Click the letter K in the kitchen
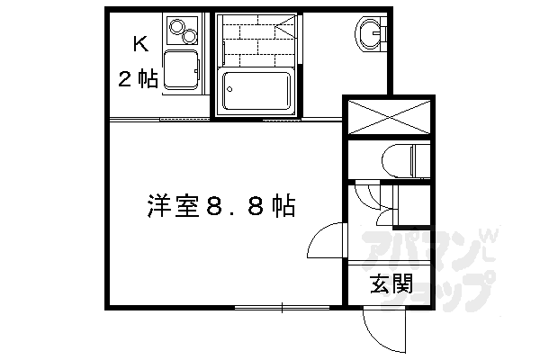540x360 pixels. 139,43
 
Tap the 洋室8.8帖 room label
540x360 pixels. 220,205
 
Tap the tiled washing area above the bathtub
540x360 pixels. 256,40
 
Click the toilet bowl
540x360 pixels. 400,160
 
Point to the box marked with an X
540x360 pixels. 390,117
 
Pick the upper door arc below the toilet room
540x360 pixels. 366,193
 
